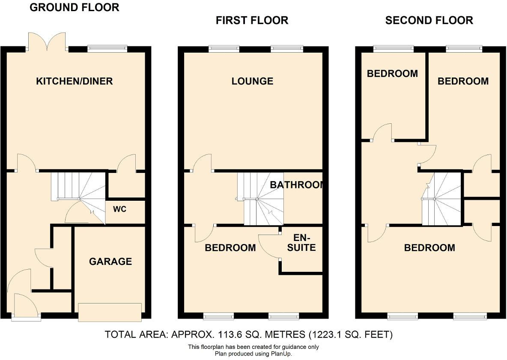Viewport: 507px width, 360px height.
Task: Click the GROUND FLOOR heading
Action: coord(75,7)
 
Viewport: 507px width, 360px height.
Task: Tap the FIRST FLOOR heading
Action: coord(252,20)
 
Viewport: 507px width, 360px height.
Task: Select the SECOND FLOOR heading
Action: coord(429,20)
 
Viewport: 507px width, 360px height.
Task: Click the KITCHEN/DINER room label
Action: coord(75,81)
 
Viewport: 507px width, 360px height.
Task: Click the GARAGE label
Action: coord(110,262)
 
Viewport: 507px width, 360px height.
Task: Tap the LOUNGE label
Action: coord(252,81)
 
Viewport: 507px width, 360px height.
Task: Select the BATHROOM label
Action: coord(298,185)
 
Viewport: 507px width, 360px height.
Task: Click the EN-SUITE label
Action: coord(304,243)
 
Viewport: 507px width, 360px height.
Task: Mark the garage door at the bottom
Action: coord(110,312)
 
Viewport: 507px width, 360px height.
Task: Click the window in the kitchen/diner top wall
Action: coord(107,48)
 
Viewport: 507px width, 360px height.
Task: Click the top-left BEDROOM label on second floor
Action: coord(392,74)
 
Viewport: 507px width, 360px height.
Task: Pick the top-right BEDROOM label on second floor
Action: coord(463,81)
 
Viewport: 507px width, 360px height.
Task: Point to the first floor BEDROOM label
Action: coord(230,248)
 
